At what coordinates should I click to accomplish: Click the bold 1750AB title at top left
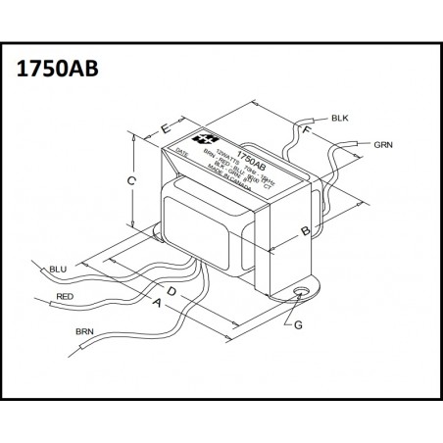[x=56, y=71]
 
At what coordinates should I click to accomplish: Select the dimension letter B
[x=305, y=230]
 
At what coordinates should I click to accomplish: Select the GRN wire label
[x=383, y=144]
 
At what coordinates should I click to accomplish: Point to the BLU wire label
[x=58, y=268]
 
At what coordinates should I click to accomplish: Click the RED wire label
[x=65, y=295]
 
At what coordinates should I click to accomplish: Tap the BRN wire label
[x=84, y=333]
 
